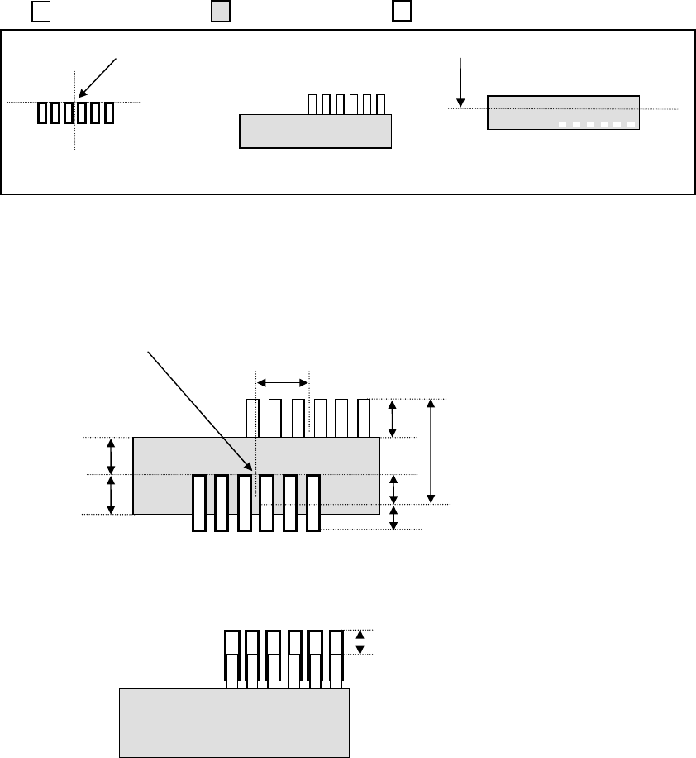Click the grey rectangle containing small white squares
pyautogui.click(x=563, y=112)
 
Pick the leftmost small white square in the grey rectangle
pyautogui.click(x=561, y=124)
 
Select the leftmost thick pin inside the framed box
pyautogui.click(x=42, y=113)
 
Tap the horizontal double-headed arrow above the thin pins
pyautogui.click(x=282, y=382)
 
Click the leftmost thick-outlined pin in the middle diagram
pyautogui.click(x=198, y=502)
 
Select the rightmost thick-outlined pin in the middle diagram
pyautogui.click(x=312, y=502)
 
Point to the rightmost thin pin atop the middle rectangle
pyautogui.click(x=364, y=418)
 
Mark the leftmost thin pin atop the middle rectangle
pyautogui.click(x=252, y=418)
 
